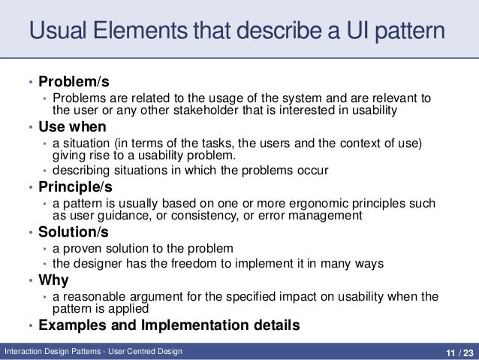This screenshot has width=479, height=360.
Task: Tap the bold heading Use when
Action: click(72, 126)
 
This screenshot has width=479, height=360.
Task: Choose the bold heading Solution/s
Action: click(74, 233)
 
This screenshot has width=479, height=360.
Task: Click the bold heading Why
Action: click(53, 280)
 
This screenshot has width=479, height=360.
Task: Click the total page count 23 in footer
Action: click(467, 351)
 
